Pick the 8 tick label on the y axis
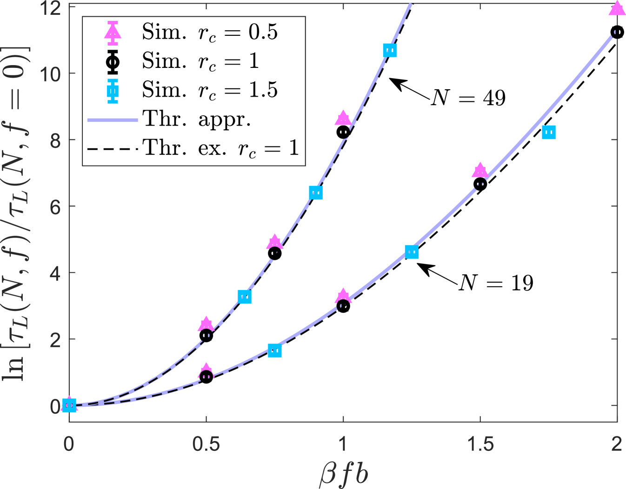click(55, 140)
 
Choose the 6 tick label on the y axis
click(55, 207)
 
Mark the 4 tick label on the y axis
click(55, 273)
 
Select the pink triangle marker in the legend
click(113, 33)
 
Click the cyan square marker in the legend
click(113, 91)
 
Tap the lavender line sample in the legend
click(113, 120)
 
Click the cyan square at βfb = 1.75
click(549, 132)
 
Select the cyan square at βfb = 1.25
click(412, 252)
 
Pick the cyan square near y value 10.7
click(390, 50)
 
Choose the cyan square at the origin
click(69, 405)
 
